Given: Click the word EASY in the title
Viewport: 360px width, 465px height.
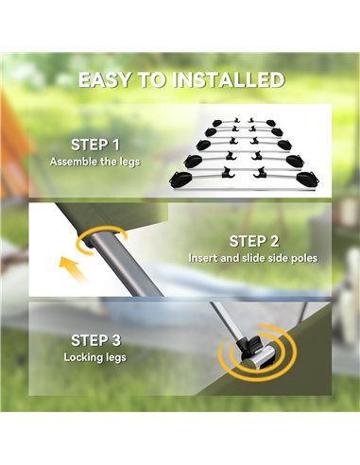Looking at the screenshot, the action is coord(104,80).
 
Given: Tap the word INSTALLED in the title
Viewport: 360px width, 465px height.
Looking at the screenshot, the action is coord(229,80).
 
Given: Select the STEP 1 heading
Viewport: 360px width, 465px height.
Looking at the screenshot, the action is coord(95,145).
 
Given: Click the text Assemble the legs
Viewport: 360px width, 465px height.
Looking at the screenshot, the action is coord(94,162).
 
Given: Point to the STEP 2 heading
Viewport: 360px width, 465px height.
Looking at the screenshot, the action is coord(254,241).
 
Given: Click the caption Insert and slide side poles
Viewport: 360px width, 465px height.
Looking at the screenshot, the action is coord(253,258).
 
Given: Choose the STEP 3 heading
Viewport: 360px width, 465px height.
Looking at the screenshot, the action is coord(95,340).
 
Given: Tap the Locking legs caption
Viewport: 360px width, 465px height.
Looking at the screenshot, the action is coord(94,357).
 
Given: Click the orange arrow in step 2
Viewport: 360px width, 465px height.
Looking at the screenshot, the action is coord(72,268).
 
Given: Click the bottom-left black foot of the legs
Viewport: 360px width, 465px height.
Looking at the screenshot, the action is coord(179,180).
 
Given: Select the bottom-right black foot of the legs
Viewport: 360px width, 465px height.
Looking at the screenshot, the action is coord(307,179).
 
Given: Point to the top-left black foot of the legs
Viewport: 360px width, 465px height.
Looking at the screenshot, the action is coord(216,123).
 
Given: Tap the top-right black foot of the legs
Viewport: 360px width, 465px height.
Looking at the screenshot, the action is coord(270,123).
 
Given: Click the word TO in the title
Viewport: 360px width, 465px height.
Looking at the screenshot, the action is coord(152,80).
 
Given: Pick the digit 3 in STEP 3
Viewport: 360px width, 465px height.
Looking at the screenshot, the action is coord(116,340).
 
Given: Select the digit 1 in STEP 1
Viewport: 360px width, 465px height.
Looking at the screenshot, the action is coord(116,145).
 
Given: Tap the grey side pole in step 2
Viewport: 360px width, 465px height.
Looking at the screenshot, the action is coord(126,266).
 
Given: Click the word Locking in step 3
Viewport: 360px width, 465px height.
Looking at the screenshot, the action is coord(81,357).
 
